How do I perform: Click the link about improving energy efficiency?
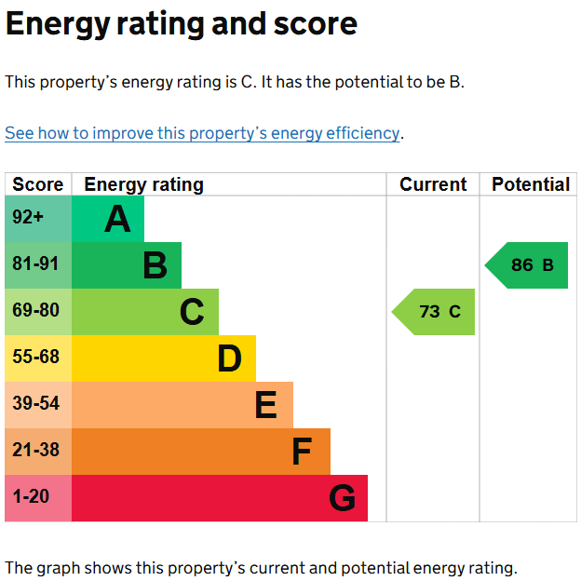point(202,133)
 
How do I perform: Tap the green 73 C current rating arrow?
point(433,312)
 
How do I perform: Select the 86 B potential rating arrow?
point(526,265)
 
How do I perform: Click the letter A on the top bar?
point(117,219)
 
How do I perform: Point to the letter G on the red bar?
point(342,497)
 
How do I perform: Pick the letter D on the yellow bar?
point(230,358)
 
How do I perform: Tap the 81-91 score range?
point(35,263)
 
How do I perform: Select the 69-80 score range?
point(35,310)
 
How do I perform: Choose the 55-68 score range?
point(35,357)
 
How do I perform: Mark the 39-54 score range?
point(35,403)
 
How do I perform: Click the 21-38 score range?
point(35,450)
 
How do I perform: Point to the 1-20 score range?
point(31,496)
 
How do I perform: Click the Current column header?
point(433,184)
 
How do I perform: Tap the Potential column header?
point(531,184)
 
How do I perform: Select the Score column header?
point(38,184)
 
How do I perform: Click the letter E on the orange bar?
point(266,405)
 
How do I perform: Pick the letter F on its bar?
point(302,452)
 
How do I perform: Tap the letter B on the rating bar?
point(155,265)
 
